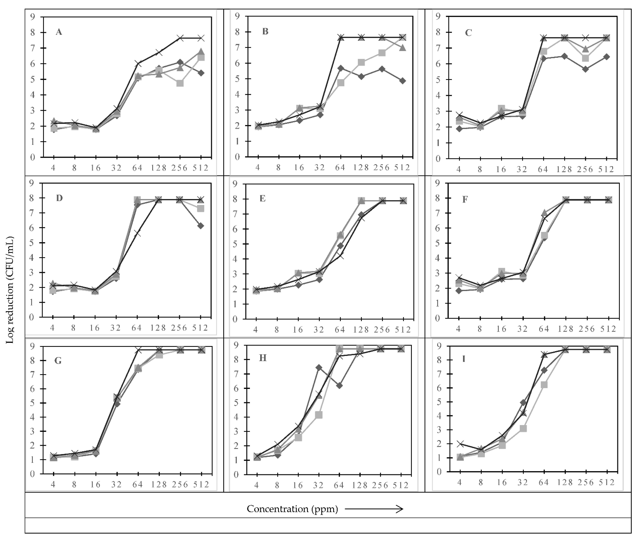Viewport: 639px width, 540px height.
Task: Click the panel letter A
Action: pyautogui.click(x=59, y=32)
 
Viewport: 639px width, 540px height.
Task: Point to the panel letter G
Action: pyautogui.click(x=58, y=361)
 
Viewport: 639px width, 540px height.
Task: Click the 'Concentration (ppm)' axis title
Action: pyautogui.click(x=292, y=509)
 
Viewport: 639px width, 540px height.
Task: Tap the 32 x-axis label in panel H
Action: pyautogui.click(x=319, y=485)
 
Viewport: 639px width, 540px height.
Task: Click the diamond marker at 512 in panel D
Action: pyautogui.click(x=201, y=226)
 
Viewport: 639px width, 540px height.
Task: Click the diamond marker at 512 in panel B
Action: pyautogui.click(x=403, y=81)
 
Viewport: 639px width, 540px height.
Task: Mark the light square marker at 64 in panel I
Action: pyautogui.click(x=544, y=385)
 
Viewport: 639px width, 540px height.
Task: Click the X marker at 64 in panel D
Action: pyautogui.click(x=137, y=233)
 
